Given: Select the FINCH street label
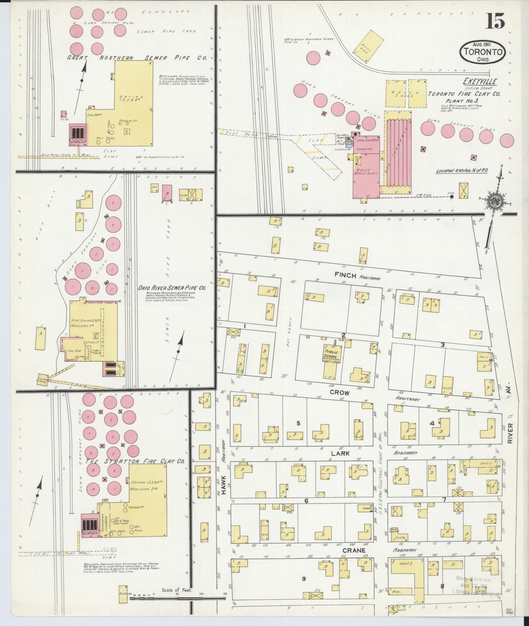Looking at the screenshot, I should pos(346,275).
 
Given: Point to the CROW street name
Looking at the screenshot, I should pos(340,392).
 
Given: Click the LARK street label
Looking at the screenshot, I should pos(340,453).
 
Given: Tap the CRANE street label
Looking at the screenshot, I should pos(354,550).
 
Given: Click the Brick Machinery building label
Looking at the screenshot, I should pos(366,171).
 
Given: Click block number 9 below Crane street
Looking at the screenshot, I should pos(304,578).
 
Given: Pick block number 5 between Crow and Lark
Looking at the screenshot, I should pos(298,423).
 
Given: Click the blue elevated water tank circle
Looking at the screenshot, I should pos(350,142).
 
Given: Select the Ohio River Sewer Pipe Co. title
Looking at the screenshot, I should pos(172,288).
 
